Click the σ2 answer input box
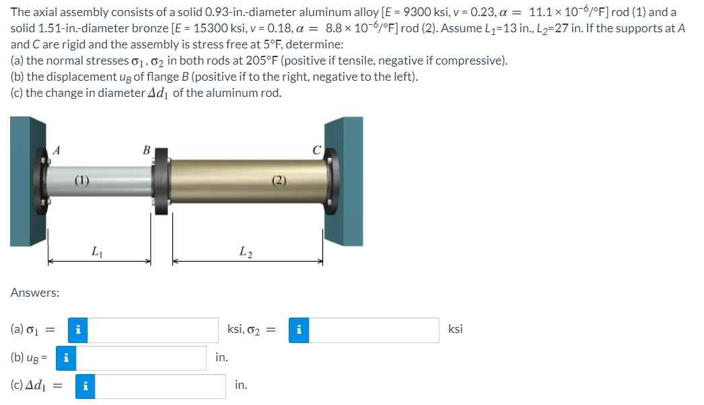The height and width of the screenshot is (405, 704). point(374,330)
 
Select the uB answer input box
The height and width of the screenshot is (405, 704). point(141,358)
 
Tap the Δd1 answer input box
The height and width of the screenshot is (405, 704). point(160,386)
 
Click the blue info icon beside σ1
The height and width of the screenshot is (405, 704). point(79,330)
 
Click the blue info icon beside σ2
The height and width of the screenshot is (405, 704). point(299,330)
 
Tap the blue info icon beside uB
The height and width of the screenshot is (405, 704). point(65,358)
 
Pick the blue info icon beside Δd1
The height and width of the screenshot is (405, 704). point(85,386)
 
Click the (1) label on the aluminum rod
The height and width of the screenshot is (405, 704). point(81,180)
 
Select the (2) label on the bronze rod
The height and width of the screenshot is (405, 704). point(279,180)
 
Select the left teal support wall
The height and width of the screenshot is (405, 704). point(27,182)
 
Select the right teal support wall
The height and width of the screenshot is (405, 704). point(345,182)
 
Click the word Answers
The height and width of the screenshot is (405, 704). point(35,293)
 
